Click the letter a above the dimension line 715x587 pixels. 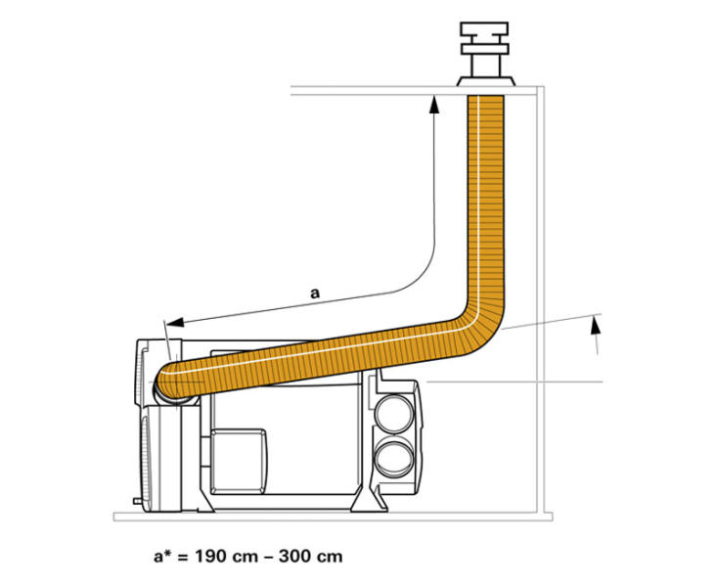315,293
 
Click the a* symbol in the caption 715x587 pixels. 162,556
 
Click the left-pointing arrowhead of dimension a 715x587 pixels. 175,322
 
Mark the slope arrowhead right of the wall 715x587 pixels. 595,327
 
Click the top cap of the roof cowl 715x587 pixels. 484,28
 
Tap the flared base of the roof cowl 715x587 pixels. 486,81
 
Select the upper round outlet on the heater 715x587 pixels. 393,414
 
